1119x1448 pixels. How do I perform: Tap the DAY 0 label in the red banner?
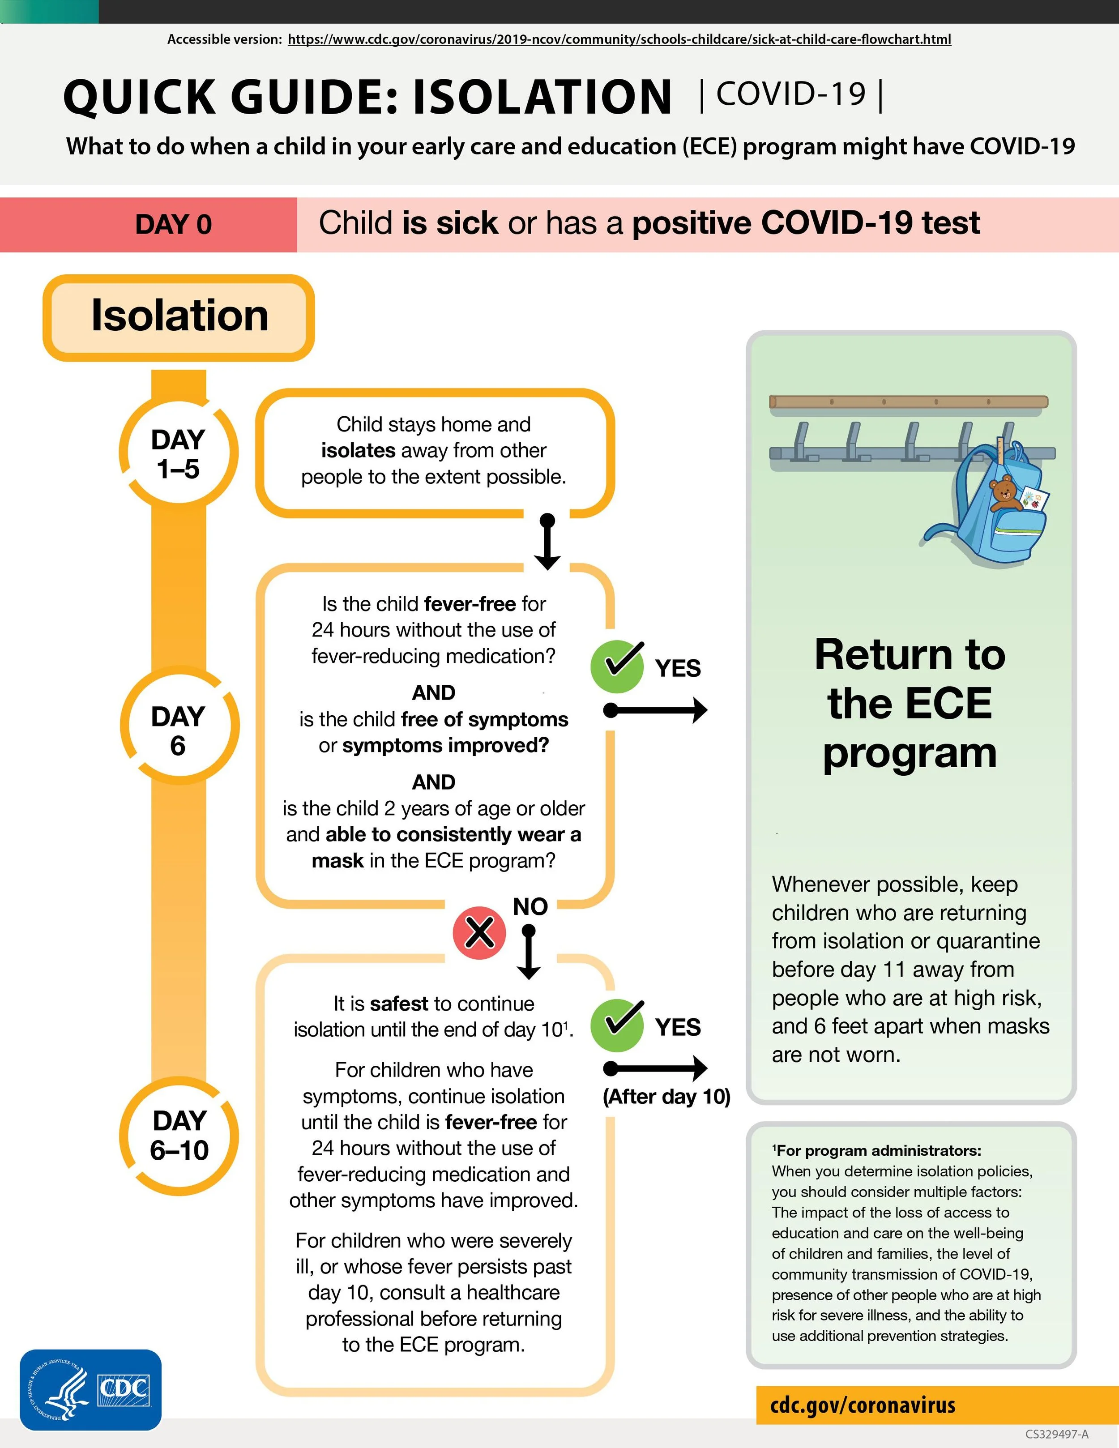click(x=173, y=224)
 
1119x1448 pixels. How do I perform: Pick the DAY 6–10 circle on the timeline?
click(x=179, y=1136)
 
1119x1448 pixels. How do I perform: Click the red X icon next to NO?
click(x=479, y=933)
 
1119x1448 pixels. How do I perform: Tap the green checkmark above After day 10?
click(x=616, y=1025)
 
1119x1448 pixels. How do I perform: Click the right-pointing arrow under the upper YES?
click(x=656, y=710)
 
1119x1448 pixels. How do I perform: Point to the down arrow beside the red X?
click(x=528, y=952)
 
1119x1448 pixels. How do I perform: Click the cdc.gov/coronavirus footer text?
click(x=863, y=1404)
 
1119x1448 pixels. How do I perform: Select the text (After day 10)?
click(x=666, y=1097)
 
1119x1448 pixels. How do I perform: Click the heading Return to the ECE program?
click(x=910, y=704)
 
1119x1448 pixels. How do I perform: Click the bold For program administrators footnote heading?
click(x=876, y=1150)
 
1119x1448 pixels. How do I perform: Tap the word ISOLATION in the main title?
click(x=542, y=97)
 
